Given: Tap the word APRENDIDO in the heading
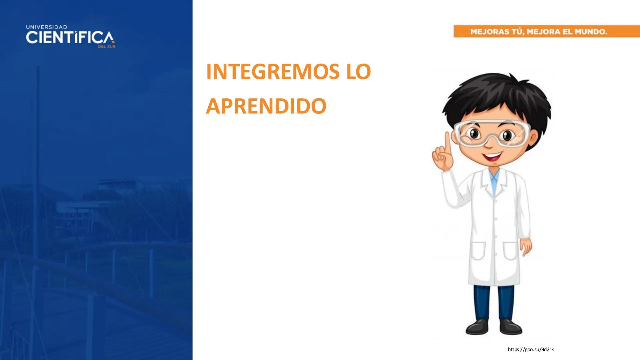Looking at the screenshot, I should [x=266, y=106].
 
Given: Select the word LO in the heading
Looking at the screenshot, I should [x=358, y=72].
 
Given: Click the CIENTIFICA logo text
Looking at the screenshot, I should [x=70, y=38].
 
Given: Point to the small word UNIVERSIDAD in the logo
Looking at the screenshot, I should [x=46, y=27].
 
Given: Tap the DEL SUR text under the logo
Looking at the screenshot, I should [x=107, y=47].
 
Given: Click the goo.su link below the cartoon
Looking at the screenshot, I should [x=531, y=349].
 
